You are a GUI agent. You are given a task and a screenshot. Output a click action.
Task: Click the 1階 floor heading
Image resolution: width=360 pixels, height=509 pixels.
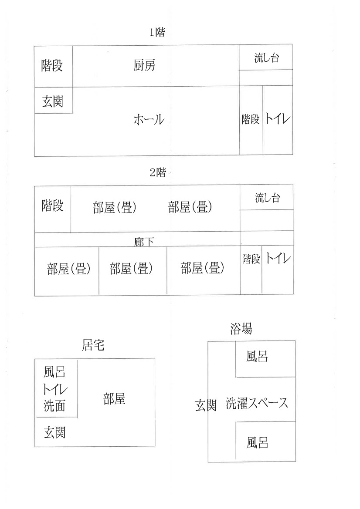tap(157, 33)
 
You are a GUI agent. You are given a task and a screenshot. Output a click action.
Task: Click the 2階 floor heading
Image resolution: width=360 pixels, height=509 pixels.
tap(158, 172)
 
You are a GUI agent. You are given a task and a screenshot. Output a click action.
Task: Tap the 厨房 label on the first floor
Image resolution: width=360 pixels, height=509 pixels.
tap(144, 66)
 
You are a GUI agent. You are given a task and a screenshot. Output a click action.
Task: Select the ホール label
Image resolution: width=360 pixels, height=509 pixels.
tap(149, 120)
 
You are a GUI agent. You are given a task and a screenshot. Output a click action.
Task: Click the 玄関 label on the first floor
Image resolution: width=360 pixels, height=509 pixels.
tap(52, 101)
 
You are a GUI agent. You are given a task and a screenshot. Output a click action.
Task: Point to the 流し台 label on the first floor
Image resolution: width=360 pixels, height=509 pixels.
tap(267, 58)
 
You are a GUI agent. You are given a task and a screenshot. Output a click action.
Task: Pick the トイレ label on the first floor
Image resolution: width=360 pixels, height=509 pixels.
tap(278, 118)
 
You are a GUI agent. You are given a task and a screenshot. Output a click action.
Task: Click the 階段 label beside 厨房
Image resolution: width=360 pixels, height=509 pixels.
tap(52, 66)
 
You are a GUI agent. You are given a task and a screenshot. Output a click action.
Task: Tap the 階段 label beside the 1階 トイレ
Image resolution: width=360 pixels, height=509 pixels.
tap(251, 119)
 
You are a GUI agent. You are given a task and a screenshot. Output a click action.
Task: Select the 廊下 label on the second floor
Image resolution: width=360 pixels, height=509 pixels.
tap(144, 242)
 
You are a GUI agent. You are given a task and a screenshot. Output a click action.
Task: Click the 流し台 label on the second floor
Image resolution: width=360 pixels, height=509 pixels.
tap(268, 198)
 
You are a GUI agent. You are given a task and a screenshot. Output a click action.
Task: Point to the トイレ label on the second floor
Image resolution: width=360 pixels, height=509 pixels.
tap(278, 258)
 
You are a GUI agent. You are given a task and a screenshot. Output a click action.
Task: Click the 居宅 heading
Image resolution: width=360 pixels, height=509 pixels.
tap(93, 345)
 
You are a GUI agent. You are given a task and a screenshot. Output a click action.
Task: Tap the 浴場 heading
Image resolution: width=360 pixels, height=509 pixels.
tap(241, 329)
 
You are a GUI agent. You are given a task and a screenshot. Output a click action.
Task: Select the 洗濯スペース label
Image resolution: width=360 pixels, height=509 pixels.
tap(257, 403)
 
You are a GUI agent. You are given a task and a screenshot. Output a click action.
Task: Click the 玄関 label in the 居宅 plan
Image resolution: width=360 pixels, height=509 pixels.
tap(54, 433)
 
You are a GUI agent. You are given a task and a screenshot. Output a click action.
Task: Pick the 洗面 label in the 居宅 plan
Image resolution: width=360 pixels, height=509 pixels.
tap(54, 405)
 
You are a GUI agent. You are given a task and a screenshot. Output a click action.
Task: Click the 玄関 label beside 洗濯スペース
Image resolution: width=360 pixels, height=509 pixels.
tap(206, 405)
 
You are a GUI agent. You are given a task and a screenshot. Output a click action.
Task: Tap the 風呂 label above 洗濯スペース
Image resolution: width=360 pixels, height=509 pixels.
tap(257, 357)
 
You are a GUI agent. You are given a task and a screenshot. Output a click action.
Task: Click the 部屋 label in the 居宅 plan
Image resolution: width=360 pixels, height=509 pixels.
tap(114, 399)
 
